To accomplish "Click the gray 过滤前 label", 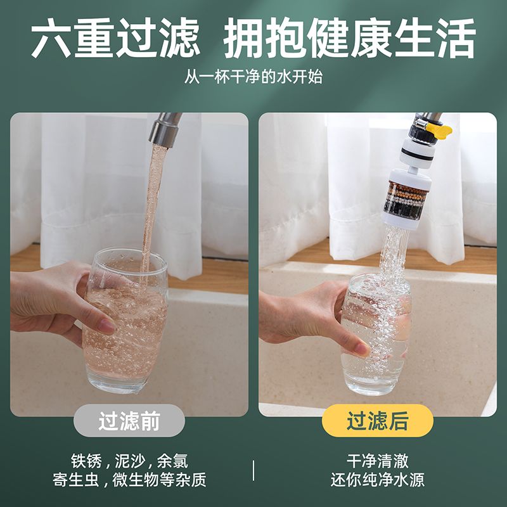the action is tap(129, 421).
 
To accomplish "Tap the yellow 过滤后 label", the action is tap(377, 421).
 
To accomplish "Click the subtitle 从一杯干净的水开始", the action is tap(253, 77).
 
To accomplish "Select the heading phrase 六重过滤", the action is tap(115, 38).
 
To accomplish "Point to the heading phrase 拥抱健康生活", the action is tap(350, 38).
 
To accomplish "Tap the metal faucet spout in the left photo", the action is tap(165, 129).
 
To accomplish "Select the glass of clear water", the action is tap(376, 335).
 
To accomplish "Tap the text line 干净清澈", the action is tap(377, 461).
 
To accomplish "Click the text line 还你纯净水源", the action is tap(377, 480).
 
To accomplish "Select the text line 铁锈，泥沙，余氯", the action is tap(129, 461).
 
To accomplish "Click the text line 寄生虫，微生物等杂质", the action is tap(129, 480).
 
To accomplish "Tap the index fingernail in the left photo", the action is tap(106, 326).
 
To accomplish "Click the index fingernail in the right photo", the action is tap(361, 349).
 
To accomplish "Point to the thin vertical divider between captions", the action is tap(253, 470).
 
